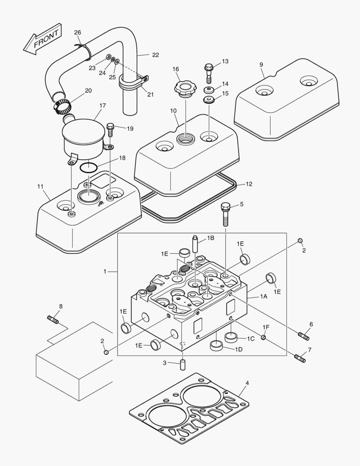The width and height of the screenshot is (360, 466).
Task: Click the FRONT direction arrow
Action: (x=42, y=40)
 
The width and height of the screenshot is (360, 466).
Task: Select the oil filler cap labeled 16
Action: (x=185, y=89)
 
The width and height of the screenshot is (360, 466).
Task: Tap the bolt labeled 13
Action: (x=209, y=72)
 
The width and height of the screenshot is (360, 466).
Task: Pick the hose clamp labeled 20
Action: (x=62, y=104)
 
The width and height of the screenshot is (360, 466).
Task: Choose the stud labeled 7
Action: (x=300, y=358)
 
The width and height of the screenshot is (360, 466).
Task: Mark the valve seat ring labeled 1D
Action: (x=216, y=346)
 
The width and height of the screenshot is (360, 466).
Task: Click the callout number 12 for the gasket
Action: (x=249, y=184)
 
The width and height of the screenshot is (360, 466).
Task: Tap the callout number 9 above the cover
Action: (x=261, y=64)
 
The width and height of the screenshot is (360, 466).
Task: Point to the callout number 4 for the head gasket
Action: (x=247, y=383)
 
